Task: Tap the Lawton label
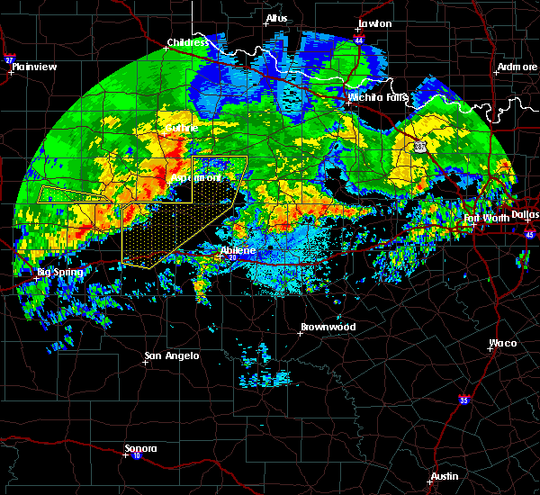coord(374,23)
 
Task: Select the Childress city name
coord(187,42)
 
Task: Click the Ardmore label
coord(517,68)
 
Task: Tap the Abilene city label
coord(238,250)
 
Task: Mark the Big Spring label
coord(59,272)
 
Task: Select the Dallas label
coord(525,214)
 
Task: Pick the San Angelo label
coord(172,356)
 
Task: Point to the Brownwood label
coord(328,327)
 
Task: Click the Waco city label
coord(502,343)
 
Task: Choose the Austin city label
coord(444,476)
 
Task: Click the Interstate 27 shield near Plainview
coord(10,59)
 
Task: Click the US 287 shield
coord(418,146)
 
